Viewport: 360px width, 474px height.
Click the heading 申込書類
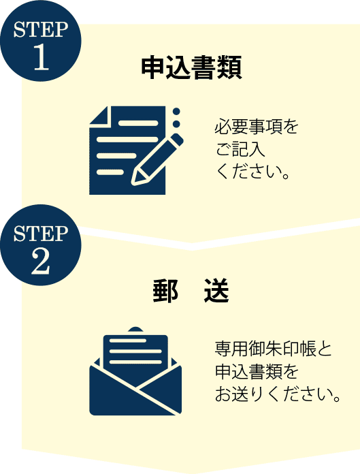pos(191,67)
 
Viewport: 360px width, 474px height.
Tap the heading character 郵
pos(165,291)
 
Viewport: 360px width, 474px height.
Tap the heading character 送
pos(216,291)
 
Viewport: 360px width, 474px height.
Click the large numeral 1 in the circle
pos(42,58)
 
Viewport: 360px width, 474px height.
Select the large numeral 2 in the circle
pos(41,262)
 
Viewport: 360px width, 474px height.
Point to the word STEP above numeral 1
pos(41,30)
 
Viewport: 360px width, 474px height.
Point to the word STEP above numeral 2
pos(41,234)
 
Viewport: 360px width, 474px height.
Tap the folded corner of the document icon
pos(99,115)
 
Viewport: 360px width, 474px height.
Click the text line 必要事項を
pos(257,127)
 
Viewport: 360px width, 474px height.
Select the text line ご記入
pos(240,149)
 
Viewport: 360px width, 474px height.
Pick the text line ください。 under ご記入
pos(253,172)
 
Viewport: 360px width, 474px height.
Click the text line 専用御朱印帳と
pos(273,349)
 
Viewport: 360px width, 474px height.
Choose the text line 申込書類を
pos(257,371)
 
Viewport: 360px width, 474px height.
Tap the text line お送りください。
pos(278,394)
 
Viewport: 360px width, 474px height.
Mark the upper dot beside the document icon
pos(177,112)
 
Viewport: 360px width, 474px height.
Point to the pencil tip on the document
pos(135,180)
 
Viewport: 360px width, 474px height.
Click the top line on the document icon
pos(138,123)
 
